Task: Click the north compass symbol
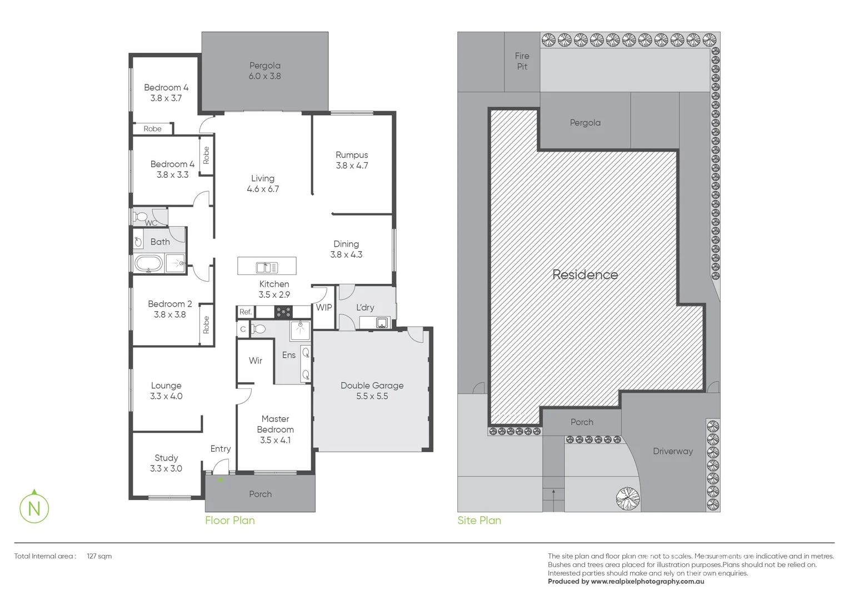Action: [34, 508]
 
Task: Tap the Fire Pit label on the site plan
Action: [522, 61]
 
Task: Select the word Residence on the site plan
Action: [585, 274]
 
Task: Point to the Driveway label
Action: [673, 451]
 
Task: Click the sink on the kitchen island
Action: [267, 268]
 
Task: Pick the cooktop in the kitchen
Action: [283, 312]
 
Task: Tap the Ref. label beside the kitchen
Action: [246, 312]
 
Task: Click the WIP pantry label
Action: [324, 307]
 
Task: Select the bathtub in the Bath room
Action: [148, 263]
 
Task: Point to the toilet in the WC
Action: [141, 216]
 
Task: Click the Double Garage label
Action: [372, 391]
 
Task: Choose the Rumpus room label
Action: [352, 160]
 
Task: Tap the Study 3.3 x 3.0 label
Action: [166, 463]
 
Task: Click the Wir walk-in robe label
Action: [256, 361]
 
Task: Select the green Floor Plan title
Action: [230, 521]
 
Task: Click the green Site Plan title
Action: [479, 521]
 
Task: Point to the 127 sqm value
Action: [99, 556]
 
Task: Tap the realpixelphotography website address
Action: [647, 581]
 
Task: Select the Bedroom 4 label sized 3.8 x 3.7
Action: [166, 92]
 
